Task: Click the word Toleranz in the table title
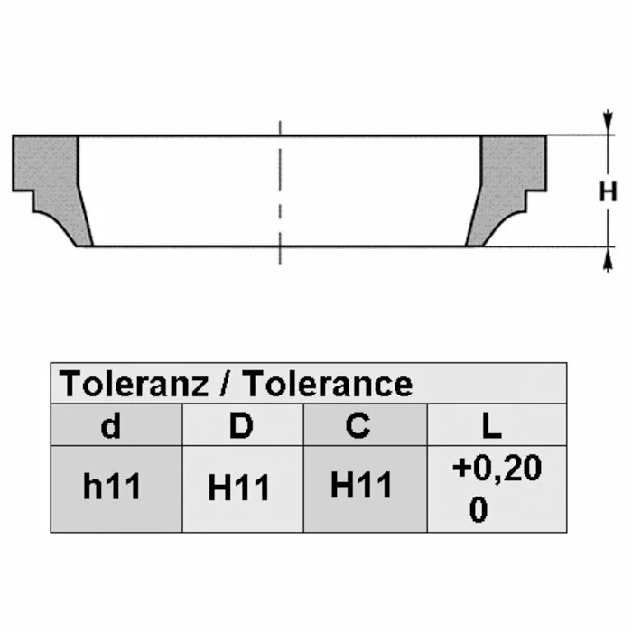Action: [135, 384]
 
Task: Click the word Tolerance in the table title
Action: [328, 384]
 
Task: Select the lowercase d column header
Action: [110, 425]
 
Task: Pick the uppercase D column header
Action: [241, 425]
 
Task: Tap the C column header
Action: [358, 425]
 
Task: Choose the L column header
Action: [491, 425]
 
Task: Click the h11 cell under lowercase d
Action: [112, 486]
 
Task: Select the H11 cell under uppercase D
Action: [238, 488]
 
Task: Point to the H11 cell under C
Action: [361, 485]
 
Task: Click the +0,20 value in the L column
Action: [497, 468]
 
